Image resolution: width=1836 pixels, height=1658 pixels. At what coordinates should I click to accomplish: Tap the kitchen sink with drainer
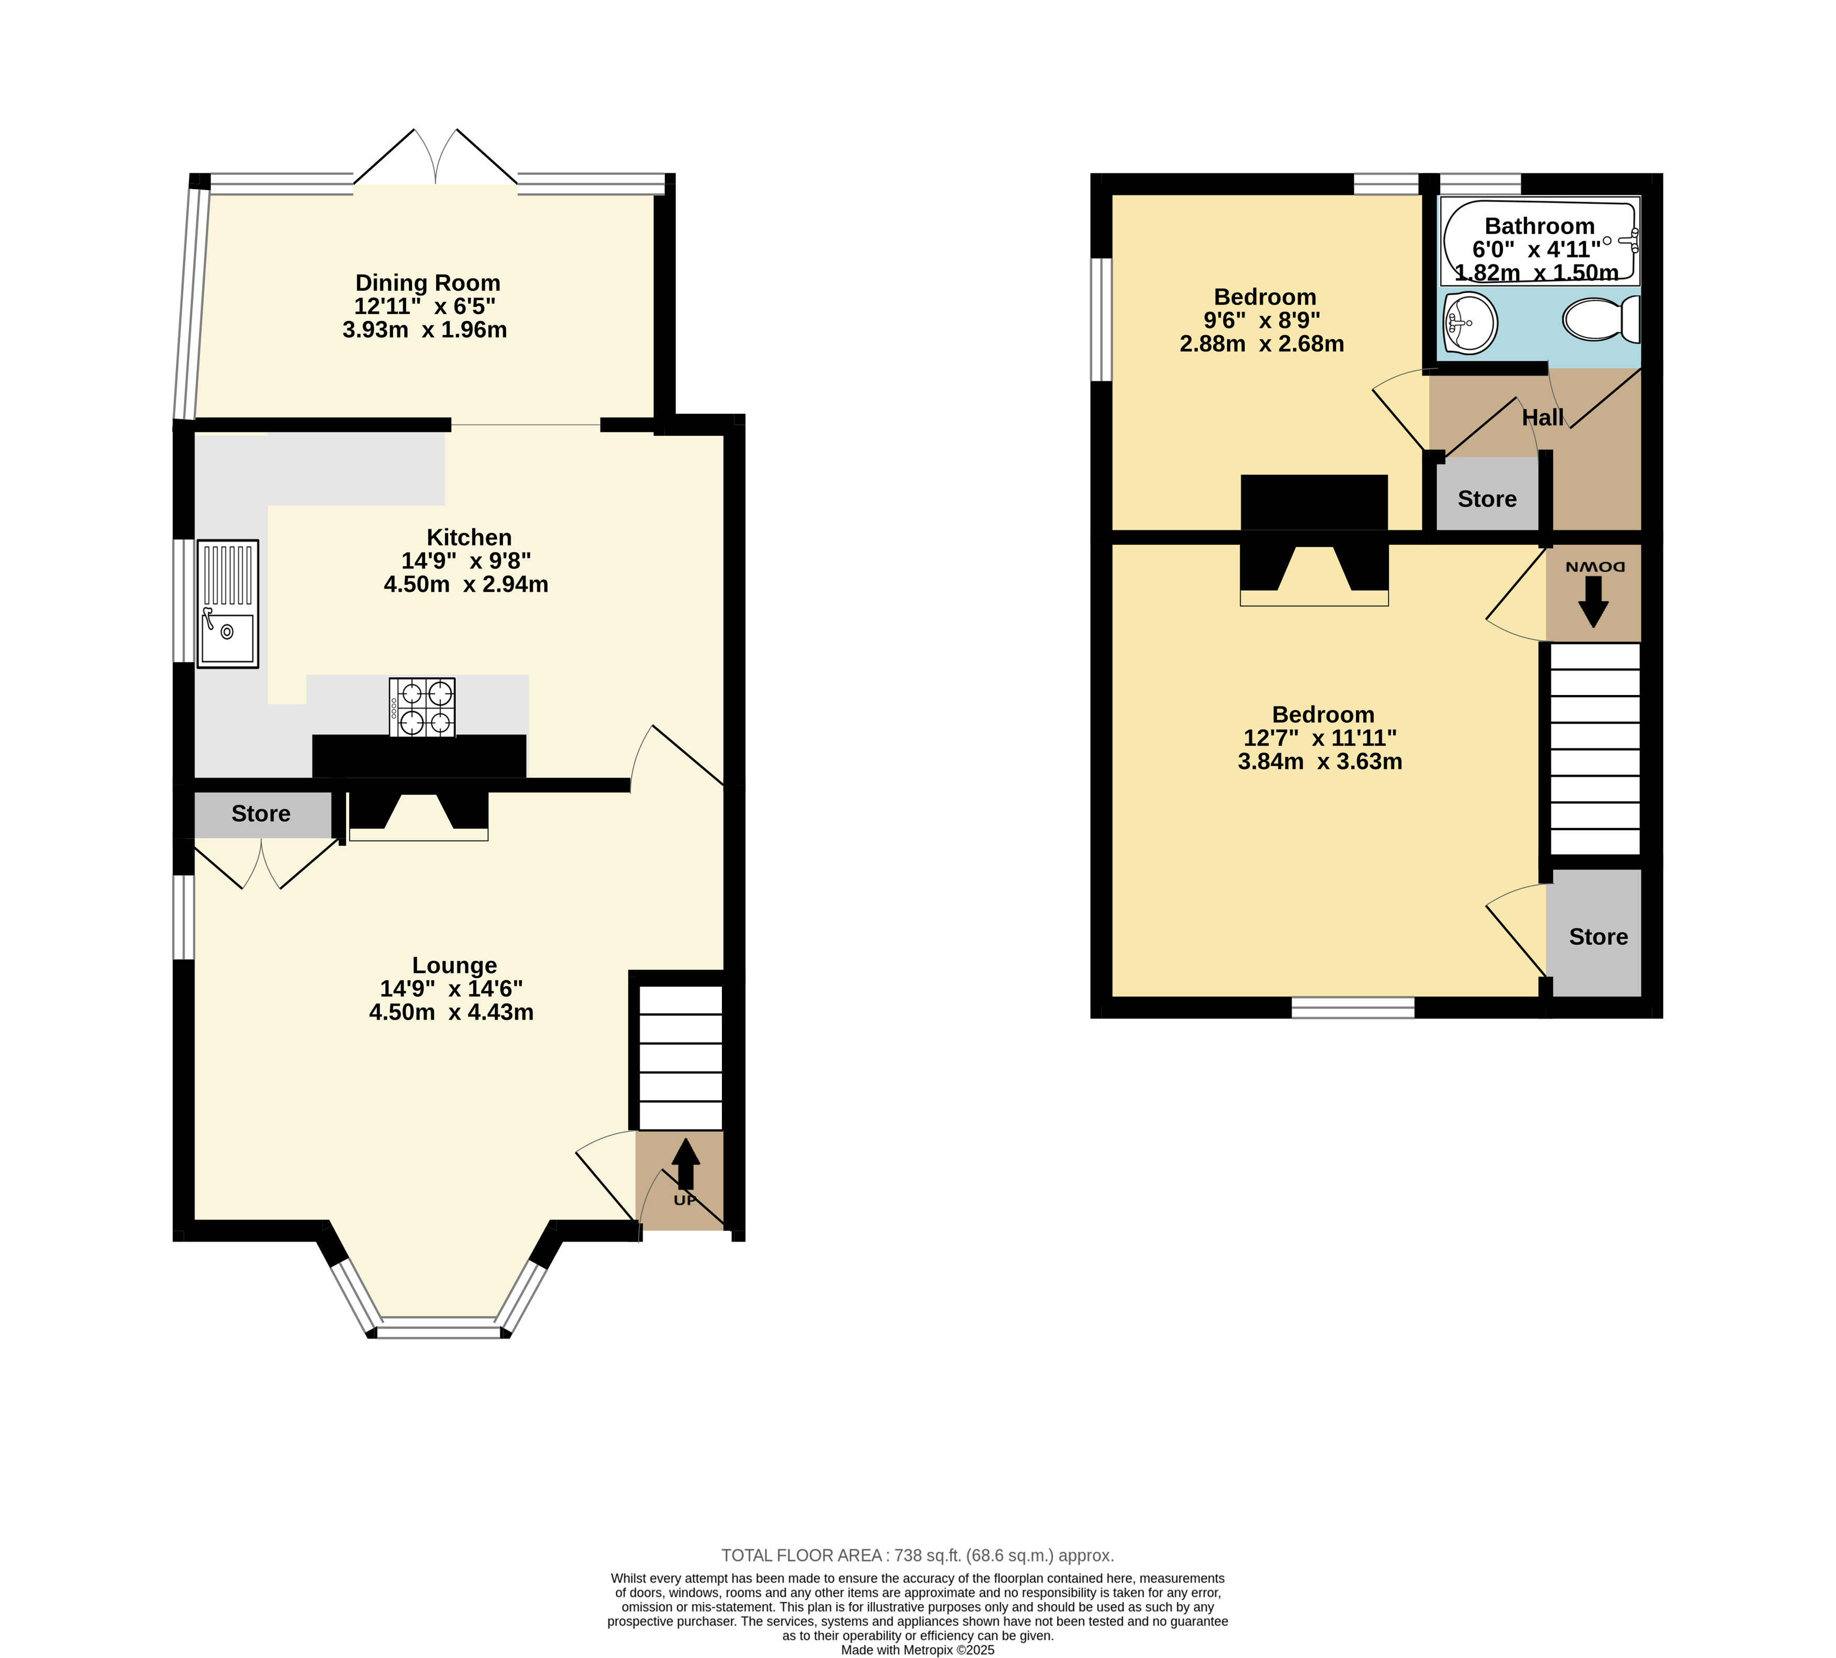228,604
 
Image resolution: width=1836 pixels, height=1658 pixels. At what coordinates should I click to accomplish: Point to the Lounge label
454,966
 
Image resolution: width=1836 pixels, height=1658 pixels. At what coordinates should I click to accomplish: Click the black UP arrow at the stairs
686,1163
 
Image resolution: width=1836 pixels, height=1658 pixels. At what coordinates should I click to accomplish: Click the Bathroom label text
1540,226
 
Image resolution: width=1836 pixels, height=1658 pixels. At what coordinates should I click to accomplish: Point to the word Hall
1543,417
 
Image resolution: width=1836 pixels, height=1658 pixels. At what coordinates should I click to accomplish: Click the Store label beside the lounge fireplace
261,813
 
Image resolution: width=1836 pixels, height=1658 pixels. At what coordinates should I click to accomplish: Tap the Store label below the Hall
1487,499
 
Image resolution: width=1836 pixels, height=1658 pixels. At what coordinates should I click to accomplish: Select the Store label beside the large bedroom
1598,937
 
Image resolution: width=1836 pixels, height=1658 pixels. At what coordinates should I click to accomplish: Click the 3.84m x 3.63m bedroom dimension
1320,761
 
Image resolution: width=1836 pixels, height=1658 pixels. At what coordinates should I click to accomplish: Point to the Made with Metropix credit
918,1650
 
